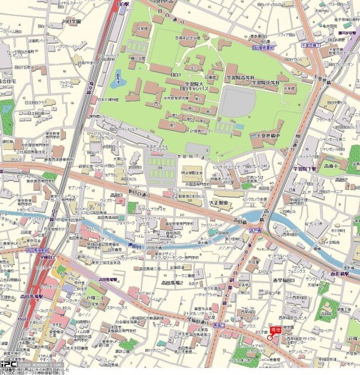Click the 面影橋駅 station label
(344, 257)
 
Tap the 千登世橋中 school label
(263, 135)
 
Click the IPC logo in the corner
(8, 363)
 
